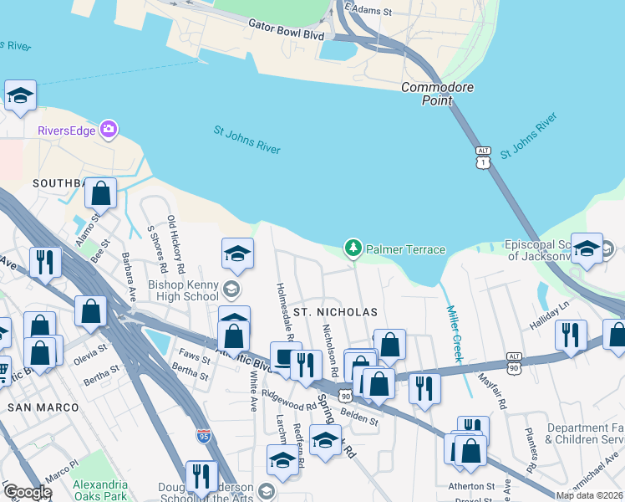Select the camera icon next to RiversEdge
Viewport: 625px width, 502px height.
point(108,130)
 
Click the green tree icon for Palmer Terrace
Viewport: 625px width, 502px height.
point(353,248)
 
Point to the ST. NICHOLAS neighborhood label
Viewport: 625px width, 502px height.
point(335,312)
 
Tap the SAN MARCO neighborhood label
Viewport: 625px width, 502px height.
point(43,407)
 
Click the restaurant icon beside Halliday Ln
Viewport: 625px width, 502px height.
point(571,335)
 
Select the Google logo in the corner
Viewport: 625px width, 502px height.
point(28,493)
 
